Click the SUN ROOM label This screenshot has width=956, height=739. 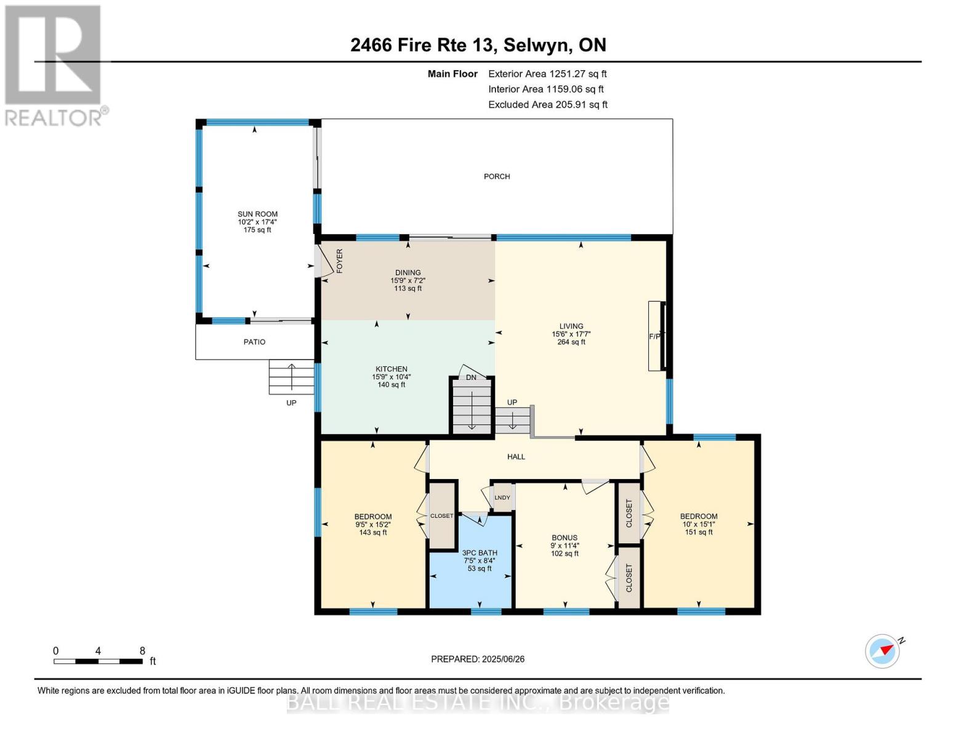point(257,214)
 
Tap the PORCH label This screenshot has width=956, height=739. point(497,177)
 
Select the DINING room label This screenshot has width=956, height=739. point(408,273)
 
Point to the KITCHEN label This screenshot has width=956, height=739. point(391,369)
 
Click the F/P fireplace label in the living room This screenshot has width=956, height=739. point(654,336)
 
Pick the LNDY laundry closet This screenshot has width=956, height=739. point(502,498)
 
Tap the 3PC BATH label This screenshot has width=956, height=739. point(480,553)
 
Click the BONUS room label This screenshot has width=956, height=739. point(564,538)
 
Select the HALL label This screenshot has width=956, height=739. point(516,457)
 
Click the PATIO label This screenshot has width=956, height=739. point(254,342)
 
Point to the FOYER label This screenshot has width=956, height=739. point(340,261)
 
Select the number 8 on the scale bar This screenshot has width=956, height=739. point(142,651)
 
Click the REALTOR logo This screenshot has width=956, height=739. point(55,66)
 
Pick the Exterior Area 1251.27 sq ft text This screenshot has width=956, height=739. point(547,74)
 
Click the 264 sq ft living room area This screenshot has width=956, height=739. point(571,342)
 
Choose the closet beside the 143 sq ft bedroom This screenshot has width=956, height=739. point(442,515)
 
